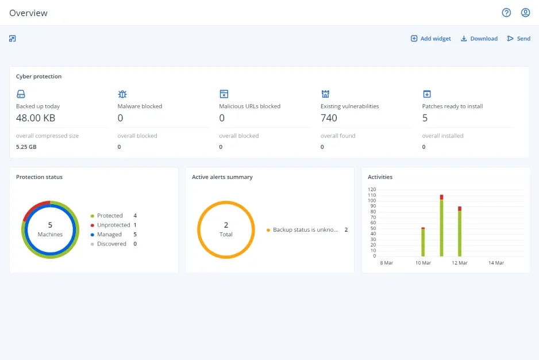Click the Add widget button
430,39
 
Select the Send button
518,39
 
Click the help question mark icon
506,13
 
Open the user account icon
525,13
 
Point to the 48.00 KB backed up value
36,118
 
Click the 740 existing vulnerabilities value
329,118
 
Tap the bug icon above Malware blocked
122,94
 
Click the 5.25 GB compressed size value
26,147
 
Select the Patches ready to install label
452,106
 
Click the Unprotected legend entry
113,225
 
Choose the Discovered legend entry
111,244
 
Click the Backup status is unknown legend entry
306,230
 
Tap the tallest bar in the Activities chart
441,227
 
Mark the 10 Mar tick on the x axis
423,263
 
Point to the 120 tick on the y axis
372,189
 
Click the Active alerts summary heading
222,177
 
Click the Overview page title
28,13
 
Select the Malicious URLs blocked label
249,106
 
